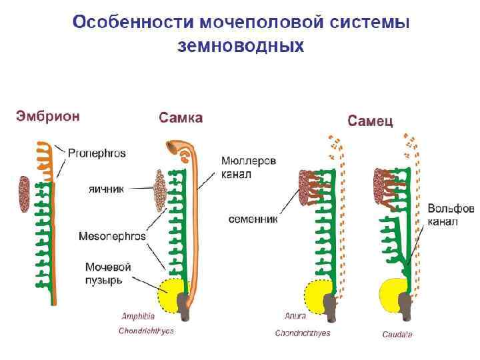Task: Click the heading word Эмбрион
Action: point(48,116)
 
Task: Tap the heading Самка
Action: point(181,118)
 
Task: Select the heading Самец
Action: point(371,121)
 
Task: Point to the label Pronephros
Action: point(97,153)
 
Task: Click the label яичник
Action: point(107,189)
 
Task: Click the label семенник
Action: point(253,218)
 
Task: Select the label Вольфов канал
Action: point(450,215)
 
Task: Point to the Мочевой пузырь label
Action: point(108,273)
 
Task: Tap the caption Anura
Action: point(295,315)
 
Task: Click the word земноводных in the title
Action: point(241,47)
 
